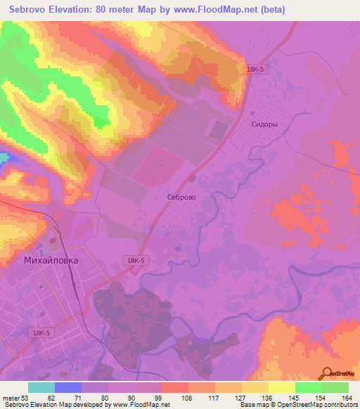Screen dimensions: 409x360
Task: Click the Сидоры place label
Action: click(x=264, y=124)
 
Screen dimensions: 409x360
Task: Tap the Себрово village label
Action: click(x=181, y=198)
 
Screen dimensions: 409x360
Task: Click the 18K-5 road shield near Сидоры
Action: click(x=257, y=69)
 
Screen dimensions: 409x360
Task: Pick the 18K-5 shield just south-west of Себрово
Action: click(x=137, y=259)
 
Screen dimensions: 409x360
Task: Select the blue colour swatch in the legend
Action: click(x=67, y=387)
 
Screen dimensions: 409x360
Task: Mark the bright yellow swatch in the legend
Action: click(x=281, y=387)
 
